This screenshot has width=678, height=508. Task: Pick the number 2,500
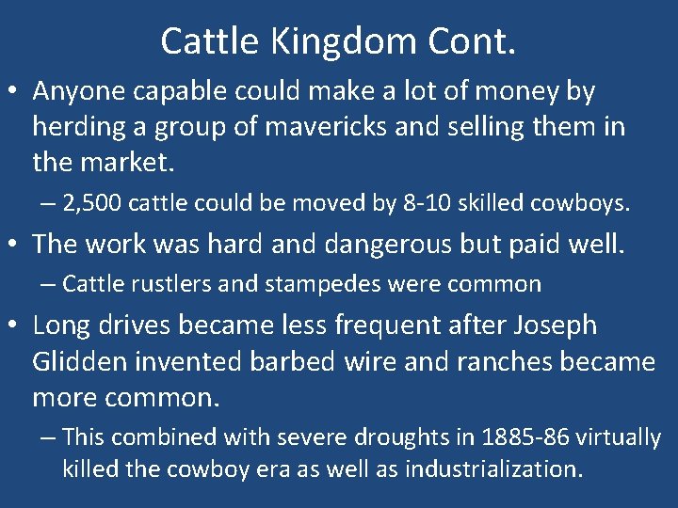(91, 201)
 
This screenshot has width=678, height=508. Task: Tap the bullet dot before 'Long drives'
(14, 326)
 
